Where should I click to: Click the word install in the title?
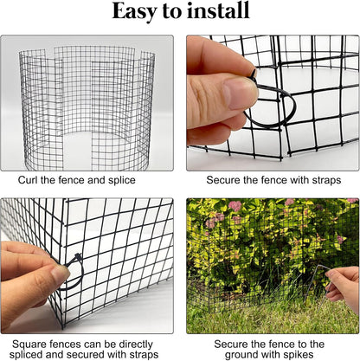click(x=220, y=13)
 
